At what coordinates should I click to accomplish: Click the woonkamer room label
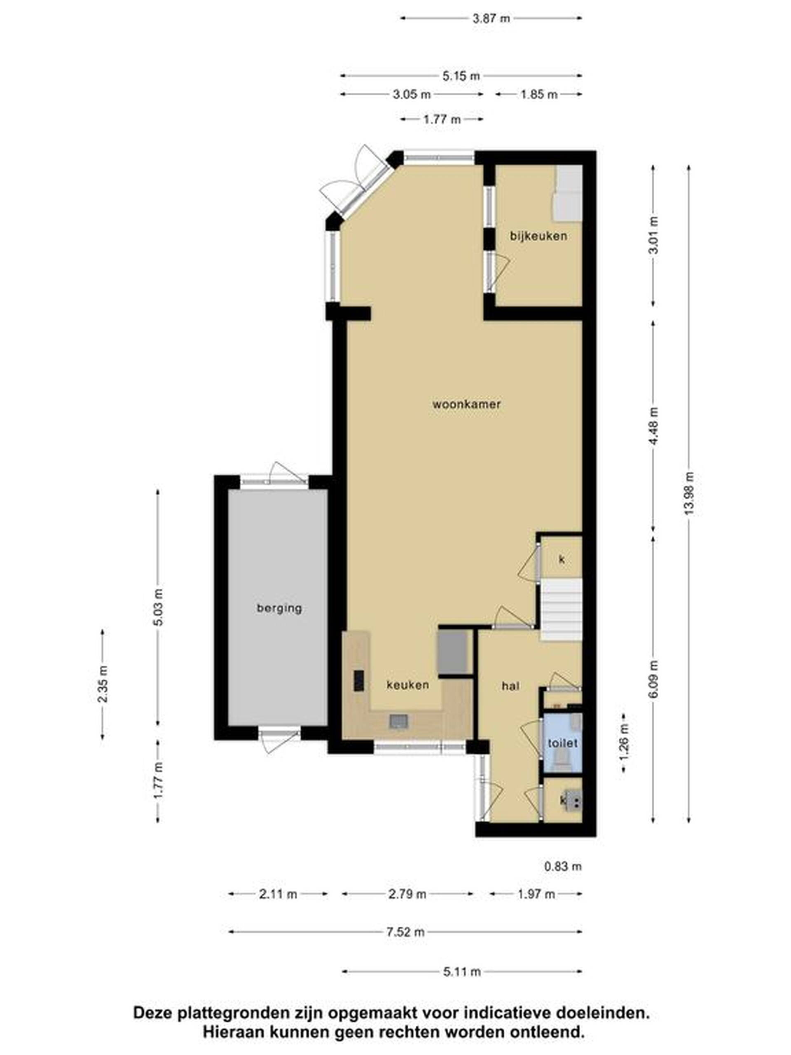click(466, 404)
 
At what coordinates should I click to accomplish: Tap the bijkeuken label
click(538, 236)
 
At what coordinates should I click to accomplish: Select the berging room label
click(279, 608)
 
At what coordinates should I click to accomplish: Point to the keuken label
click(408, 685)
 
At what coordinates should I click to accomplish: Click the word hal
click(510, 686)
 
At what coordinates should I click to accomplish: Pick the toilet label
click(563, 743)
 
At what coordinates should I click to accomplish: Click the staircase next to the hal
click(561, 609)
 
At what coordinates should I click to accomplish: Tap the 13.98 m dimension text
click(688, 493)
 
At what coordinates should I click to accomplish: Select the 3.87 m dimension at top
click(491, 19)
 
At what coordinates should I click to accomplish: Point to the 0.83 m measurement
click(563, 866)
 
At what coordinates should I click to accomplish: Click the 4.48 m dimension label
click(653, 426)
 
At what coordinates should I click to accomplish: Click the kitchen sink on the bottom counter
click(399, 721)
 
